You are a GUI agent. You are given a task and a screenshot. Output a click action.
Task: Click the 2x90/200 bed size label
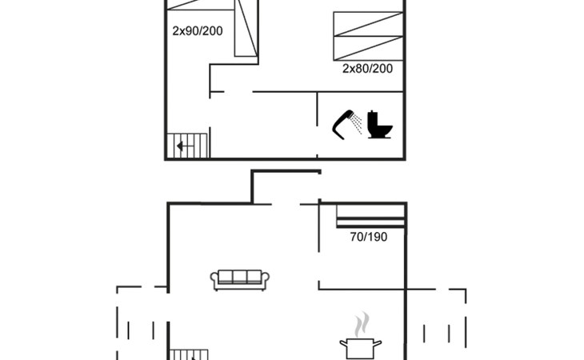click(198, 31)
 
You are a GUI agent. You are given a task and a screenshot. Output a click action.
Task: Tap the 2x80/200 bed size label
click(368, 69)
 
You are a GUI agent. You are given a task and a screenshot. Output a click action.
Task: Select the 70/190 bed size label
click(369, 237)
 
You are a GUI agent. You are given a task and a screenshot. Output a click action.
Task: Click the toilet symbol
click(380, 125)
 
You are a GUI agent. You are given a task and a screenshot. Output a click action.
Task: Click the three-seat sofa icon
click(240, 280)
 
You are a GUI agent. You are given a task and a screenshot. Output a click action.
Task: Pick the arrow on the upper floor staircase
click(184, 146)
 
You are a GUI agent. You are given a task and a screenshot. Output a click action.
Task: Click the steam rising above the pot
click(362, 324)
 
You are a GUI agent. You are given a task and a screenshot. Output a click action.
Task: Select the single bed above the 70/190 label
click(370, 216)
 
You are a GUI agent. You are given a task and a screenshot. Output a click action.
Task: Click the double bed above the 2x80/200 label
click(368, 36)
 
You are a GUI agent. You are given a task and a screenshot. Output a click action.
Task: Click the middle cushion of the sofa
click(240, 277)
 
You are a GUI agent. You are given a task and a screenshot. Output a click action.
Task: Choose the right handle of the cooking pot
click(378, 342)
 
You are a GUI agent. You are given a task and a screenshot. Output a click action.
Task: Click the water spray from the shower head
click(357, 124)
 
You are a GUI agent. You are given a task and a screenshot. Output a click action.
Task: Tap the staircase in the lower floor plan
click(189, 354)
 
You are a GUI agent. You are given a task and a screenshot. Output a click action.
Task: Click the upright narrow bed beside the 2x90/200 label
click(246, 28)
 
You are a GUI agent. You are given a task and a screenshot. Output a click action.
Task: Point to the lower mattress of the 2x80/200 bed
click(368, 48)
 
